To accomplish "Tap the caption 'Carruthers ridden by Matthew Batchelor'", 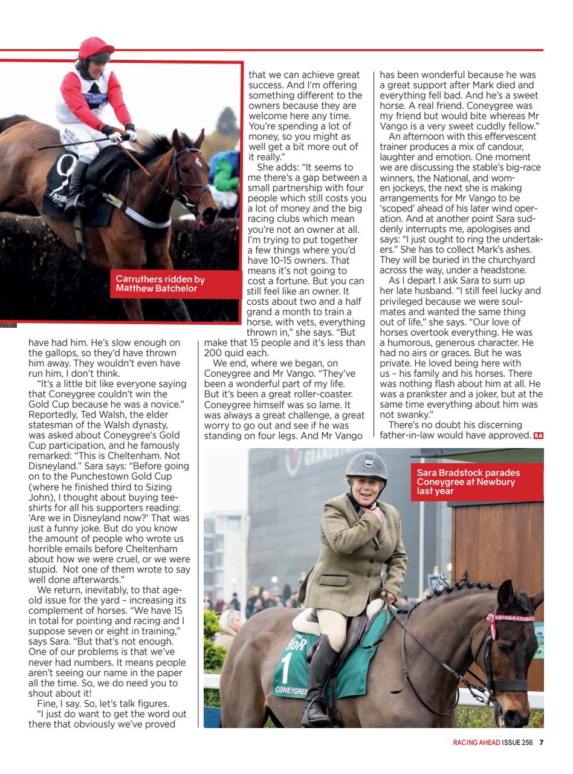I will (x=160, y=284).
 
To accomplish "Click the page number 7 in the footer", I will (x=542, y=743).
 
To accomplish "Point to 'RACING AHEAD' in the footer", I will (x=476, y=743).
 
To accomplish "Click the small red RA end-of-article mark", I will (x=539, y=436).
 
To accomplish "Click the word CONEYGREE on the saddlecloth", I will (x=291, y=690).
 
